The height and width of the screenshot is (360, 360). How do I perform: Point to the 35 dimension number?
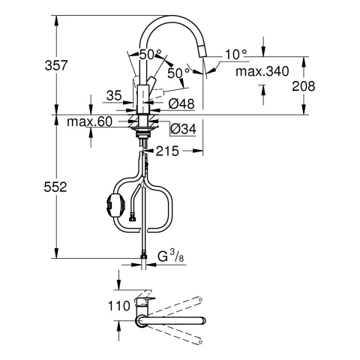[x=113, y=95]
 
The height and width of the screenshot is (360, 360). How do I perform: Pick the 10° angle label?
[x=235, y=55]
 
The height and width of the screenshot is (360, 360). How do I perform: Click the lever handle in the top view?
[x=144, y=304]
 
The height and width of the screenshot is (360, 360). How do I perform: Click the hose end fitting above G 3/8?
[x=142, y=256]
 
